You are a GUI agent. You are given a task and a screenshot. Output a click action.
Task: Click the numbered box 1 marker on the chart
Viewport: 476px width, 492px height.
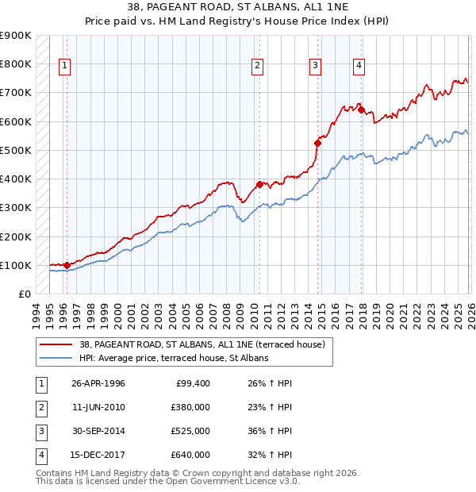click(x=64, y=66)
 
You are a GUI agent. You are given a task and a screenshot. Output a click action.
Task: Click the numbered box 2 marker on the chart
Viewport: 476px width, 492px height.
click(x=258, y=66)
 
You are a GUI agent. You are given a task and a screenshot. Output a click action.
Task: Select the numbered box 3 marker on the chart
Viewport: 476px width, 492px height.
click(x=316, y=66)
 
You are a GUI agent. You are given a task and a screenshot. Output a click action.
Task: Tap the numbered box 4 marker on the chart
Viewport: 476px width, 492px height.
click(x=359, y=66)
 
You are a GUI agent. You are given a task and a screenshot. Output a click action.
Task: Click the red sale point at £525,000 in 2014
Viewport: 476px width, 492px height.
click(x=318, y=143)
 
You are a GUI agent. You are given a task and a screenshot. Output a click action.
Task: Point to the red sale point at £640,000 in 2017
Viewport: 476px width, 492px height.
click(x=362, y=110)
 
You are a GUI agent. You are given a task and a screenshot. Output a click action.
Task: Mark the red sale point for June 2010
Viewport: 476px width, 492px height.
click(x=259, y=185)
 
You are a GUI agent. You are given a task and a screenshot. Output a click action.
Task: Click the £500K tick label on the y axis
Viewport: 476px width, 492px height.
click(x=16, y=150)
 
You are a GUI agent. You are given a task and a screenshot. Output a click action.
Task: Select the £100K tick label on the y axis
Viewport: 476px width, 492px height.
click(x=16, y=265)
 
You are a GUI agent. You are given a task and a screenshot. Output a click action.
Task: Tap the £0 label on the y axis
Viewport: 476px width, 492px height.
click(x=23, y=294)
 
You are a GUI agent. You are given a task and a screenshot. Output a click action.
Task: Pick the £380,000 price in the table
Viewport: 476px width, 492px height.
click(x=190, y=407)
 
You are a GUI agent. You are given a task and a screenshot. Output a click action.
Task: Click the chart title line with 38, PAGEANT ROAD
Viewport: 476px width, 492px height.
click(x=238, y=7)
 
